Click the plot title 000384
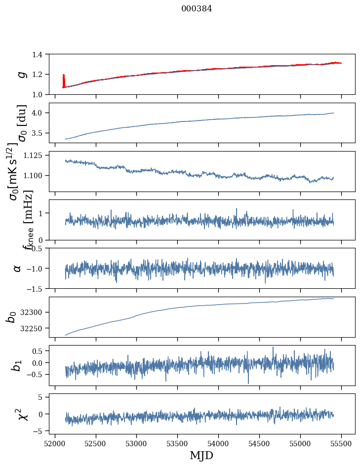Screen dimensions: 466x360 [197, 9]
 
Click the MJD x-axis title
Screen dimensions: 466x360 [201, 455]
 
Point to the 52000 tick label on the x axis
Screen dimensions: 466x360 [55, 444]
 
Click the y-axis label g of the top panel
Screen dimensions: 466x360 [21, 74]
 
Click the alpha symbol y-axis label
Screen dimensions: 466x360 [18, 268]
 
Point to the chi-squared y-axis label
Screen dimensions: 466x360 [23, 414]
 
